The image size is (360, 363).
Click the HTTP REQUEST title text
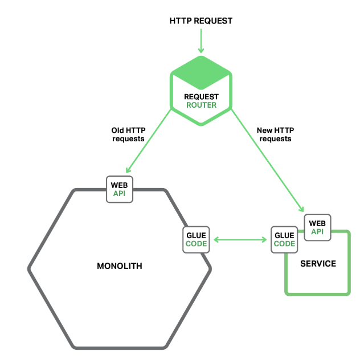tap(201, 21)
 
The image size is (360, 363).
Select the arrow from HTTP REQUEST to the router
tap(201, 41)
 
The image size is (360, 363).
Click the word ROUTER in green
tap(202, 105)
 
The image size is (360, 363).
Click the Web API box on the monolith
tap(120, 189)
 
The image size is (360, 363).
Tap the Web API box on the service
tap(317, 227)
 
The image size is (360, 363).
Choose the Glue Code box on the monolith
tap(196, 239)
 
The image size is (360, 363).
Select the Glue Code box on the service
tap(284, 239)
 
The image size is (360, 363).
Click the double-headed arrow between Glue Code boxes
tap(240, 240)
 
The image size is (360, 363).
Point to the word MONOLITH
tap(120, 266)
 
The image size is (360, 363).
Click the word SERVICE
tap(318, 264)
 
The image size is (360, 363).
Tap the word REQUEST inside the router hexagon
tap(202, 97)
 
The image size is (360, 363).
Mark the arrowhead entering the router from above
tap(201, 51)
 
